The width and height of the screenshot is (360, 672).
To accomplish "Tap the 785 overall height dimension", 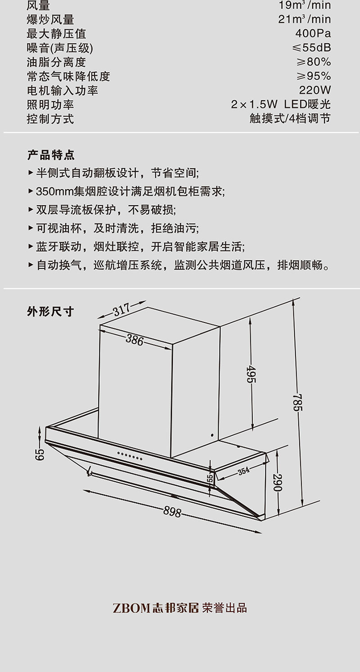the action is (297, 402).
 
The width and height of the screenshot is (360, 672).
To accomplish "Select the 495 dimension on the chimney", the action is (251, 374).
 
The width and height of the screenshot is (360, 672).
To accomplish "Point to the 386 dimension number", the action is (135, 340).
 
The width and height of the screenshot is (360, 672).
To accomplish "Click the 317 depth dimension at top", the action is (122, 309).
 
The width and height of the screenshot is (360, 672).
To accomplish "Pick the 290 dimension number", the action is (278, 482).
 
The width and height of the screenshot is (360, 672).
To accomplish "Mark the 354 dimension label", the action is (244, 471).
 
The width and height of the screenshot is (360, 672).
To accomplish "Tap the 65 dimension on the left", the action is (40, 454).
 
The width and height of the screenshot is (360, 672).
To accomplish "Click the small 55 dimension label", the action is (211, 478).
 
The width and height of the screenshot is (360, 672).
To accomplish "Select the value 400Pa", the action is (313, 33).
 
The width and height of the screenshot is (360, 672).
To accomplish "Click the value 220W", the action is (315, 90).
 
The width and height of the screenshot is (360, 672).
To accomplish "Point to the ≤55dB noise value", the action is (311, 47).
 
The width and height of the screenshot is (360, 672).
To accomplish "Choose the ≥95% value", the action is (314, 76).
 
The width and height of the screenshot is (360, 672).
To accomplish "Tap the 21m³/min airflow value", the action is (305, 19).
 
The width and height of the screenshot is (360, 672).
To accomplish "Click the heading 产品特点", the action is (51, 155).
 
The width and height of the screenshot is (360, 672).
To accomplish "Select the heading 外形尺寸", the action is (50, 311).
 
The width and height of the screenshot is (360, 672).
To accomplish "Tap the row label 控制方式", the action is (50, 119).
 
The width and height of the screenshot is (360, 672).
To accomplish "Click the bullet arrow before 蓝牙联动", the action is (30, 247).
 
